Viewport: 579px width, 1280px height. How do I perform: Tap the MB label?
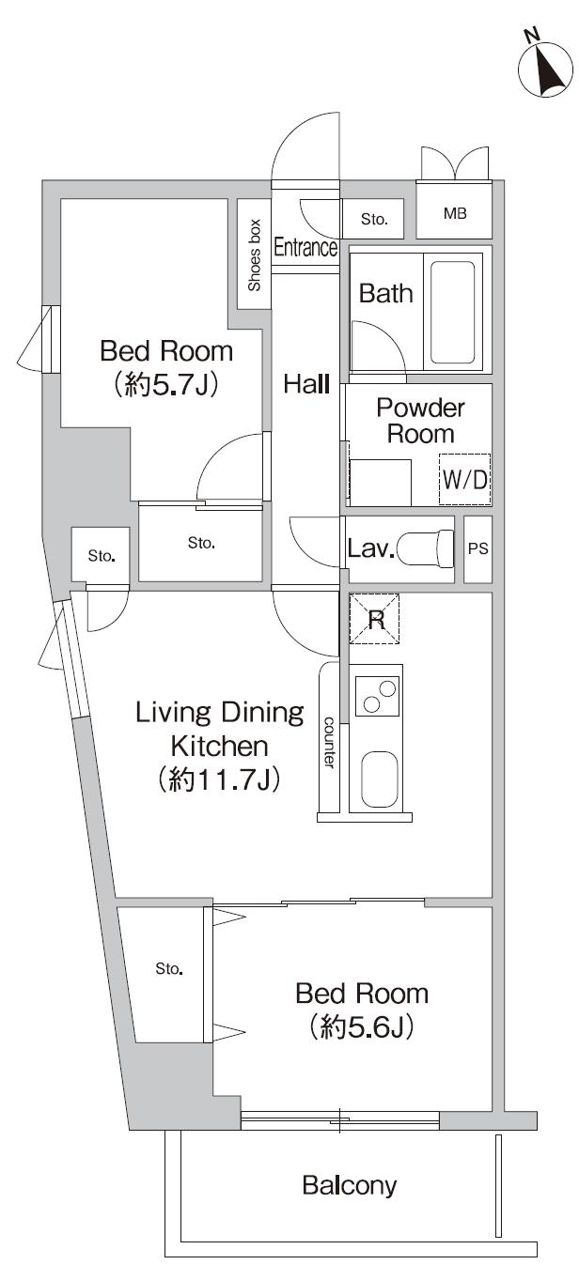tap(455, 214)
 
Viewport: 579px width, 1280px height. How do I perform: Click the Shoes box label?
tap(254, 254)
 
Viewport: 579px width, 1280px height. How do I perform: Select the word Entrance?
tap(305, 247)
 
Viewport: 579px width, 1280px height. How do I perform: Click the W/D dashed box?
tap(464, 479)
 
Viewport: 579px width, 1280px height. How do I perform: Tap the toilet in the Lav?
tap(425, 548)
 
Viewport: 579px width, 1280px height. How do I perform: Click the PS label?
tap(477, 548)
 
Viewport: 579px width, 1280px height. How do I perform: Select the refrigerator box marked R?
tap(374, 619)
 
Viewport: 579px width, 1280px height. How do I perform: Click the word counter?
tap(329, 742)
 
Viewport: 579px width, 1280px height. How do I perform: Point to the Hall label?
tap(306, 384)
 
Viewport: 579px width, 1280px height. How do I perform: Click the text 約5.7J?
tap(166, 386)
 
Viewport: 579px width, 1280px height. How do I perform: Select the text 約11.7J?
tap(219, 779)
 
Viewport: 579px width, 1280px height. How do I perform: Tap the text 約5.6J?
tap(362, 1027)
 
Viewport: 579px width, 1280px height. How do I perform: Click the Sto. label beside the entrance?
tap(374, 219)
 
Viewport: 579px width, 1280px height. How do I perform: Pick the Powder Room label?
tap(420, 421)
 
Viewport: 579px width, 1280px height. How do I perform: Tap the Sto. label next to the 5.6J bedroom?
tap(169, 968)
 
